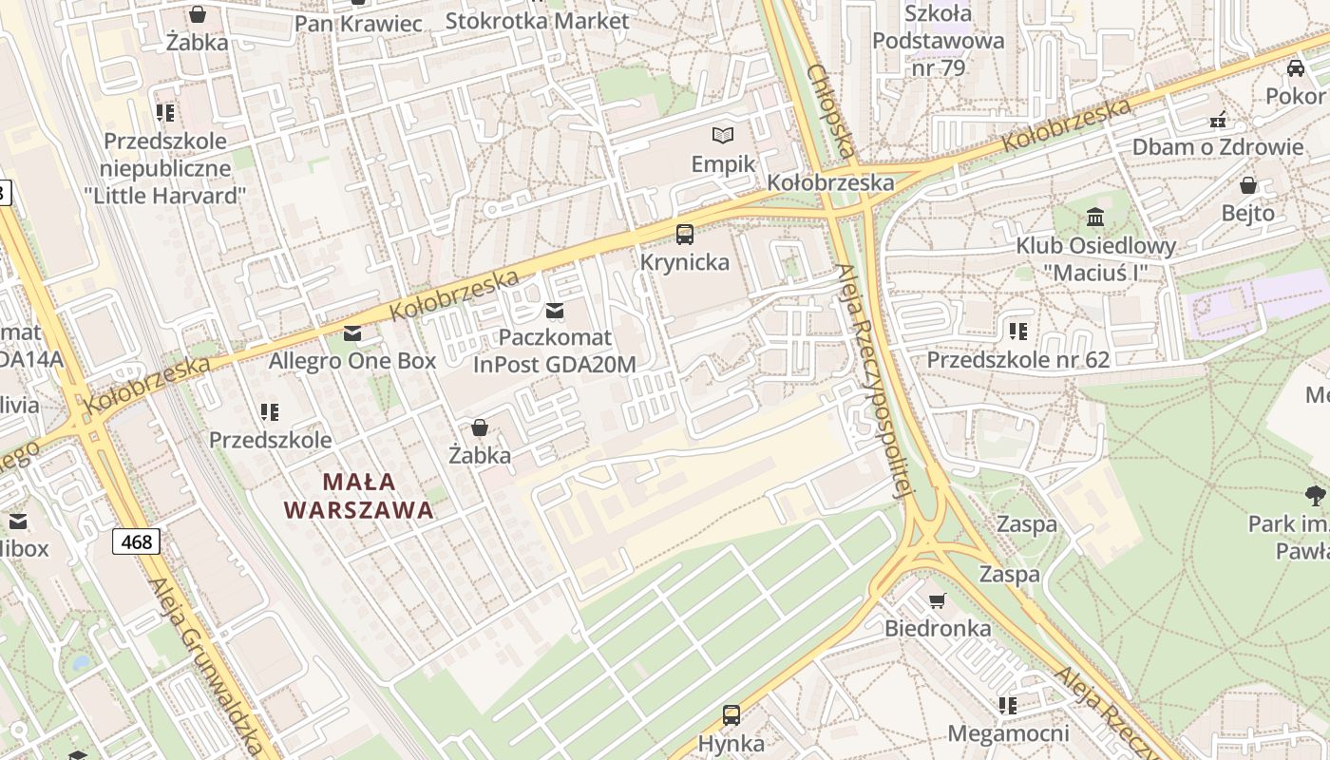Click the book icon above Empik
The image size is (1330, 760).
tap(723, 136)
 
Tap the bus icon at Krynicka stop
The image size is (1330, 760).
tap(684, 234)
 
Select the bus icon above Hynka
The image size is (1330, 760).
tap(731, 715)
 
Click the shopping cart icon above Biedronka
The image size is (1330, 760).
tap(937, 600)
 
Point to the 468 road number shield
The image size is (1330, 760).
tap(137, 541)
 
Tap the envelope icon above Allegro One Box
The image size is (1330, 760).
tap(352, 332)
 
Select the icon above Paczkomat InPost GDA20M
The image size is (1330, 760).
tap(554, 311)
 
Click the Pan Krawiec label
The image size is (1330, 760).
tap(358, 23)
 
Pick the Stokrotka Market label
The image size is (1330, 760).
tap(537, 20)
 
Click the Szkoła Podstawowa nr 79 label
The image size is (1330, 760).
tap(938, 41)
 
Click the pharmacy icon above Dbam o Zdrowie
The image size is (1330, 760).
tap(1218, 120)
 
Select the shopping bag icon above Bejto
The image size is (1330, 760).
tap(1248, 185)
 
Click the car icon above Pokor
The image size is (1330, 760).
tap(1295, 67)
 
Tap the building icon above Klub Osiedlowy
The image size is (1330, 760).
tap(1095, 218)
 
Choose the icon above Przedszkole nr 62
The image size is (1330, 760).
tap(1018, 332)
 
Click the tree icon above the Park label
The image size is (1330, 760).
tap(1315, 494)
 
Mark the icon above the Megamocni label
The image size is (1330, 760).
tap(1008, 706)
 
